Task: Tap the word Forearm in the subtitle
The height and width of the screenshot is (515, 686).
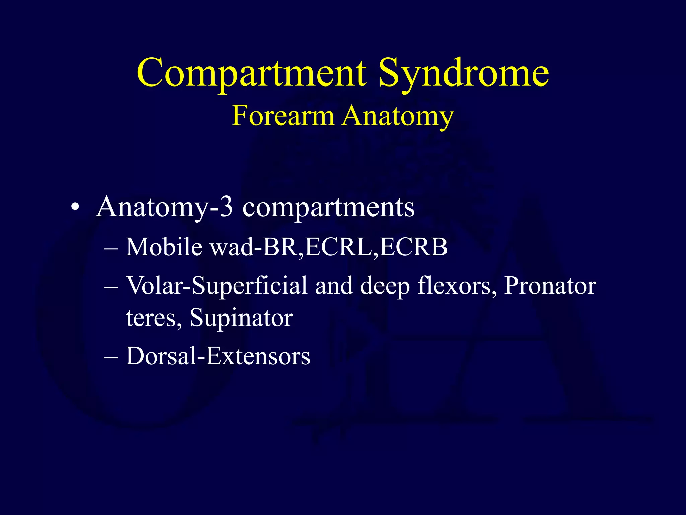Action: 283,116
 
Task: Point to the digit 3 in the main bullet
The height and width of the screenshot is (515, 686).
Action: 227,207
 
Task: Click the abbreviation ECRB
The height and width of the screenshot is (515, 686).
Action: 414,247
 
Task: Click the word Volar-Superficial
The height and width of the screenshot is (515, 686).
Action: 216,286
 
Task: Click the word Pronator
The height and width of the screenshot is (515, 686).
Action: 550,286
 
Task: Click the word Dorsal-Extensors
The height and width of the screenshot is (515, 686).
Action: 218,356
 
